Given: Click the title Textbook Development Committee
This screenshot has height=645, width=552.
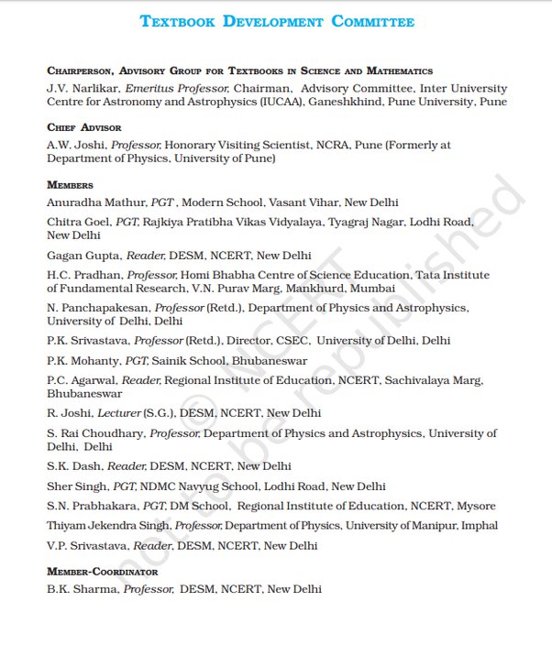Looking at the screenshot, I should coord(276,21).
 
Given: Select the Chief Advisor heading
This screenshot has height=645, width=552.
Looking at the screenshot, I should coord(83,127).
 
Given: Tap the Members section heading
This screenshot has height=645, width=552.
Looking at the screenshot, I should coord(70,185).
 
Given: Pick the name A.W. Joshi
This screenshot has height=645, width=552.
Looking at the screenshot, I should coord(71,145).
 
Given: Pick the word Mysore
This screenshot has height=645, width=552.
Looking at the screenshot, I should coord(475,506).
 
